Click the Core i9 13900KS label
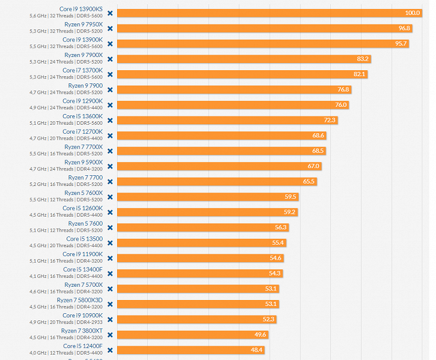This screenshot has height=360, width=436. [81, 9]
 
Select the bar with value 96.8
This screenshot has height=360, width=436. [264, 28]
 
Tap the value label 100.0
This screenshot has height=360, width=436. [412, 13]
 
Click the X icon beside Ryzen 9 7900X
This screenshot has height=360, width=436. [110, 59]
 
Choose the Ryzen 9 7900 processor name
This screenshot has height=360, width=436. [85, 86]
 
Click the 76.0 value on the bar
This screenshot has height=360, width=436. [341, 105]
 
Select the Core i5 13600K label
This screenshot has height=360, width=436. [82, 116]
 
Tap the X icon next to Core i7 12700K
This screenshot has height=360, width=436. [110, 136]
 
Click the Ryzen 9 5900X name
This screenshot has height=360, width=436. [83, 162]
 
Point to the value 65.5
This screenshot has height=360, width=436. [309, 181]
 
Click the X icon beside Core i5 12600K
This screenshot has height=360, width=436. [110, 212]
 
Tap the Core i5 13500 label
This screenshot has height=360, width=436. [84, 239]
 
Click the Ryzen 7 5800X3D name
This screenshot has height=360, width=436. [80, 300]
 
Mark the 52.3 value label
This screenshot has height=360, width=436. [268, 319]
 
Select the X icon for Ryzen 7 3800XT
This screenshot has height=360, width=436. [110, 334]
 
